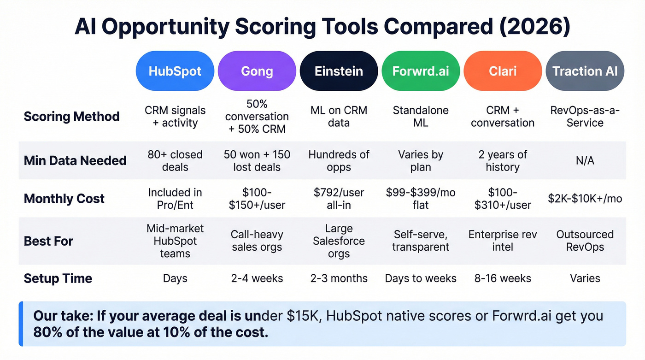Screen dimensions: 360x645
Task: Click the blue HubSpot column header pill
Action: click(x=175, y=71)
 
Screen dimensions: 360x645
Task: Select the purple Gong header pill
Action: click(x=257, y=71)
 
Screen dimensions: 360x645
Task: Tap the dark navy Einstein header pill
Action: click(x=339, y=71)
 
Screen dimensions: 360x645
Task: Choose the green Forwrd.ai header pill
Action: click(x=420, y=71)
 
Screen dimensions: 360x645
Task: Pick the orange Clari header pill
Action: click(x=502, y=71)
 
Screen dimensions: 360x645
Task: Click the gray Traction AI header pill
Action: click(x=585, y=71)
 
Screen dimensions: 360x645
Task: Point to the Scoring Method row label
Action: click(x=71, y=116)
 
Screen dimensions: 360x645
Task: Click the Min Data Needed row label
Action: click(x=75, y=160)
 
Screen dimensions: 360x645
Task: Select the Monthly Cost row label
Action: click(x=64, y=199)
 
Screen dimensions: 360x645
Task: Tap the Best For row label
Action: click(x=48, y=241)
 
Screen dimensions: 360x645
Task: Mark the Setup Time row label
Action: click(x=58, y=278)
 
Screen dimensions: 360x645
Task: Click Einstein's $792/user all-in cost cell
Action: click(x=339, y=199)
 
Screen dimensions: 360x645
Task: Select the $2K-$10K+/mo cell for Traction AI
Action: click(x=585, y=199)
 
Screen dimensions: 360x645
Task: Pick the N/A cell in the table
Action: click(x=585, y=160)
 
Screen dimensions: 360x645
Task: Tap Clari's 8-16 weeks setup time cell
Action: click(x=502, y=278)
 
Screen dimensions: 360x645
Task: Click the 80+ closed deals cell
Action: click(x=175, y=160)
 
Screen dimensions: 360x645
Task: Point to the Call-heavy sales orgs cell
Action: click(x=257, y=241)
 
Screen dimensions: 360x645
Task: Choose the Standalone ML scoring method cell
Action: click(x=420, y=116)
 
